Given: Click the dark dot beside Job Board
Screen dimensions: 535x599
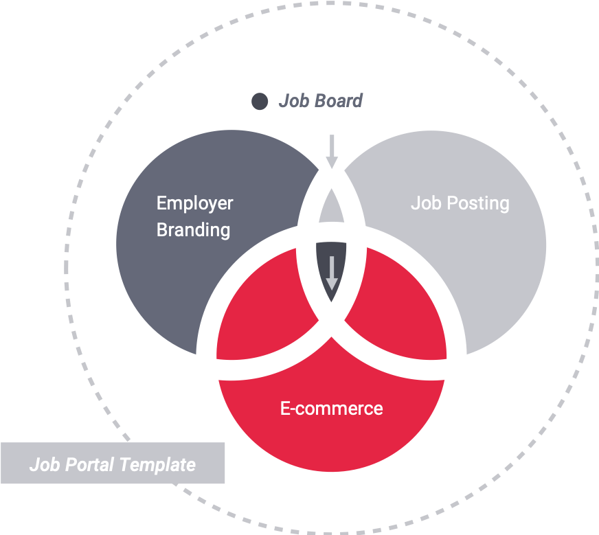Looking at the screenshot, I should tap(260, 102).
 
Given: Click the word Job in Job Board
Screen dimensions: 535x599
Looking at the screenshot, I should tap(293, 102).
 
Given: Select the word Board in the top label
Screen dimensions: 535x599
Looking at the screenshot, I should tap(338, 102).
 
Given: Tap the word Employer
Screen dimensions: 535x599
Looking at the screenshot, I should tap(194, 204).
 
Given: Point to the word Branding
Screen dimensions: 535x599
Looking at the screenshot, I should tap(193, 229).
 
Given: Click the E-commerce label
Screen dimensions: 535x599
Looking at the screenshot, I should tap(331, 409).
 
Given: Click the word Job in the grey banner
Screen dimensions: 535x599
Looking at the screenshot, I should tap(43, 465).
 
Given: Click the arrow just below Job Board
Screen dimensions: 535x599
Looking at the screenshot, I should tap(332, 150).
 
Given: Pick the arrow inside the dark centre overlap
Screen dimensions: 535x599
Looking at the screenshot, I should tap(332, 273).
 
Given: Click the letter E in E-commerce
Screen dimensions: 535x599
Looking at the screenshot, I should tap(285, 409).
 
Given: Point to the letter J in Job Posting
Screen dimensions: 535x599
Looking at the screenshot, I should tap(415, 204).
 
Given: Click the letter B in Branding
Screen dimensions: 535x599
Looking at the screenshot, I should tap(162, 229).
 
